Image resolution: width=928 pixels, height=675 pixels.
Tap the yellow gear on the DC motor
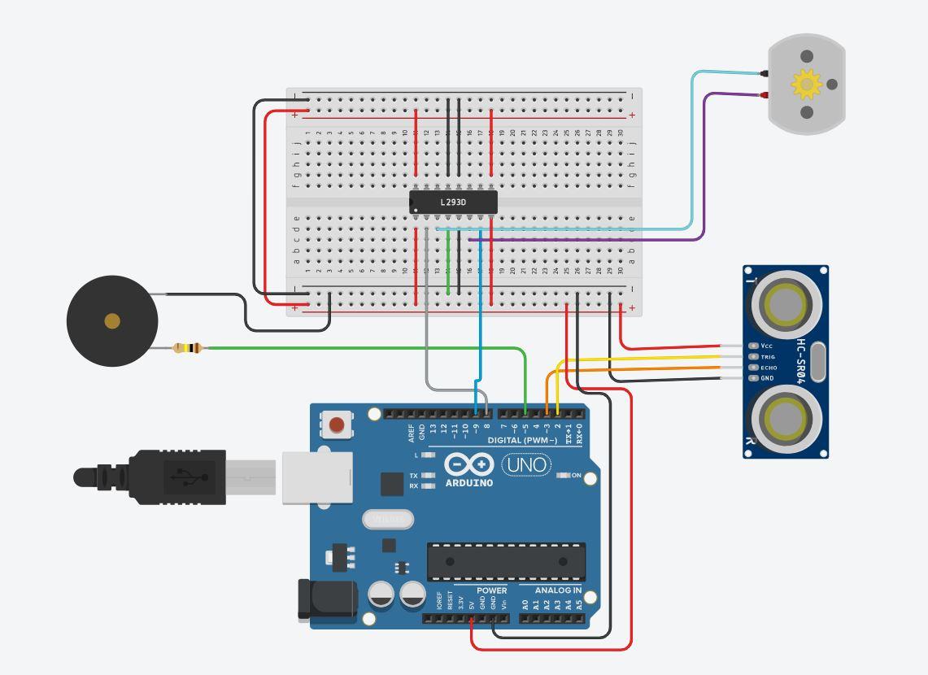tap(807, 83)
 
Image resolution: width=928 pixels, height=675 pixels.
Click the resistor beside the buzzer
tap(188, 348)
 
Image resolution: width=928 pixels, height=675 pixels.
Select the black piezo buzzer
tap(111, 321)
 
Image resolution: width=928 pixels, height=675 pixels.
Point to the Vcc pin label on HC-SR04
tap(766, 346)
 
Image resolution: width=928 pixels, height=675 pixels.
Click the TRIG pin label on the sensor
tap(768, 356)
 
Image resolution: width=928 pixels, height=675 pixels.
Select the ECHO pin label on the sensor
tap(769, 368)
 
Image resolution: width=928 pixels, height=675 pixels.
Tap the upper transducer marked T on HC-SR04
tap(786, 304)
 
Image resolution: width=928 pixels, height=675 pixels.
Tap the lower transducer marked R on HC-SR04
tap(786, 418)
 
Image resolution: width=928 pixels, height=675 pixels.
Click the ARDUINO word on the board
tap(469, 483)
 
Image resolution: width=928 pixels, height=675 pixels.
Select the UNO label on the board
tap(526, 465)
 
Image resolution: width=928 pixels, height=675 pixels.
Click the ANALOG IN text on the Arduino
tap(558, 590)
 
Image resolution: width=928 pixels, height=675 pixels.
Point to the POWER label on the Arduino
tap(491, 590)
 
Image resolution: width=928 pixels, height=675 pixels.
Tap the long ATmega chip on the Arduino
tap(506, 561)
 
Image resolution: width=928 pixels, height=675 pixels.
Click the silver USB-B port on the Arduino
tap(317, 477)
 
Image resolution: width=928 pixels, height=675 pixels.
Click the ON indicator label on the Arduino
tap(576, 475)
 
